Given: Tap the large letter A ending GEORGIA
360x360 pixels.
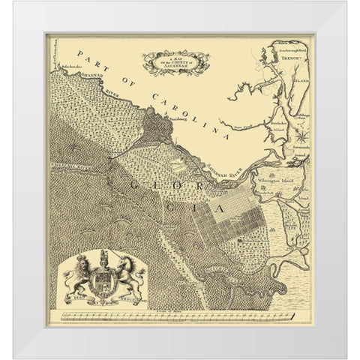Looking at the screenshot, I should pos(219,213).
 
